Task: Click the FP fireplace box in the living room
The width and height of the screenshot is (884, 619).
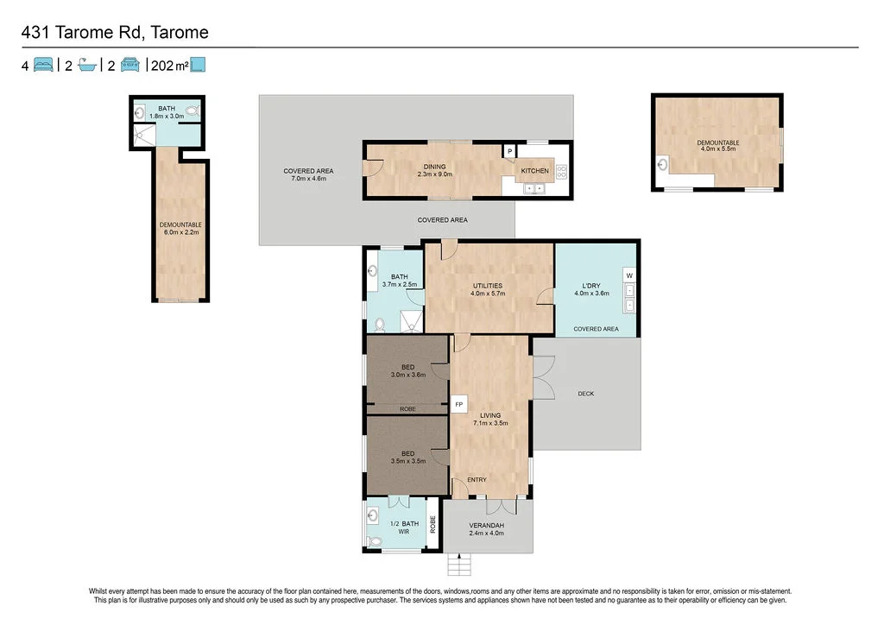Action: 459,404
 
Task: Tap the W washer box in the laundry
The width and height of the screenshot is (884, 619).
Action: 629,275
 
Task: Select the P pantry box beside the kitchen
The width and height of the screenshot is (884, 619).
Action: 509,151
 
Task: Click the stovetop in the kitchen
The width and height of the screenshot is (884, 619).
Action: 561,172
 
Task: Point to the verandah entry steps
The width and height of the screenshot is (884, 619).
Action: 459,565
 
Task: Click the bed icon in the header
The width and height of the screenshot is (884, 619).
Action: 43,65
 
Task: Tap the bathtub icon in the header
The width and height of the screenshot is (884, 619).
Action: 87,66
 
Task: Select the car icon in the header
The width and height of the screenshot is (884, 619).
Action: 130,65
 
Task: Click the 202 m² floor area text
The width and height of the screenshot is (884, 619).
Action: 170,66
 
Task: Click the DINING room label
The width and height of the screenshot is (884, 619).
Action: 435,167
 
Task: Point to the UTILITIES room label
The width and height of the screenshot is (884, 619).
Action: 488,286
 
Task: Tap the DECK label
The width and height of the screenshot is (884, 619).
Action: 586,394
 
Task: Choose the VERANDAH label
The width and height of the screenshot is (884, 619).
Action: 487,526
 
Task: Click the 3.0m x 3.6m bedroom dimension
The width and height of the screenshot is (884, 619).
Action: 408,375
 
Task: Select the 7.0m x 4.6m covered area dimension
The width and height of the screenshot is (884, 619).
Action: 308,179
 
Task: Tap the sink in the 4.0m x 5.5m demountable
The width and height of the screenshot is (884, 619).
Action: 664,165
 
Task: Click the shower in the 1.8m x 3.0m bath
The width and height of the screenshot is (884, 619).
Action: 144,136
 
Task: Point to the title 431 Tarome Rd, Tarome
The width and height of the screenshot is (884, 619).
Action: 115,32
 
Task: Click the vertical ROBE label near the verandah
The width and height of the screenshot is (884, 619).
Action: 433,524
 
